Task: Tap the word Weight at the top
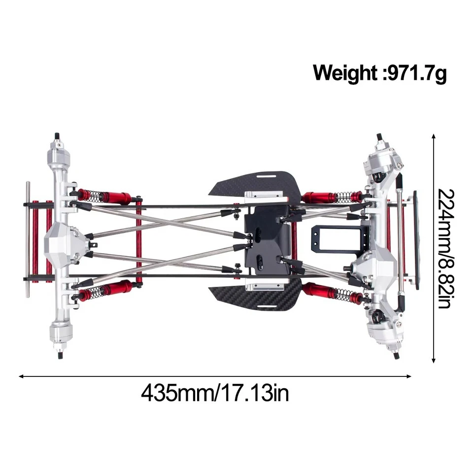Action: click(344, 73)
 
